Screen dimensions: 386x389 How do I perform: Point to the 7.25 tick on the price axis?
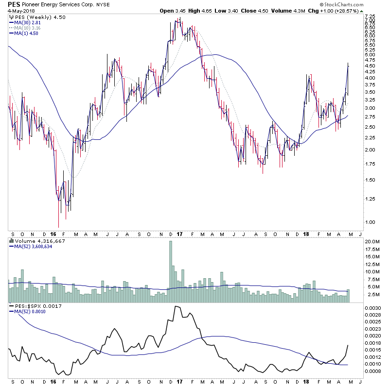pos(370,17)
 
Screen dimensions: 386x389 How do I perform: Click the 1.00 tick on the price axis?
pos(370,222)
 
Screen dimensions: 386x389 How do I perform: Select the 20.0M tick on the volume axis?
pos(372,241)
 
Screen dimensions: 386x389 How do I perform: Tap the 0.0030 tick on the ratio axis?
pos(372,308)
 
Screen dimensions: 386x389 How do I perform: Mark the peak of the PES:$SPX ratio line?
pos(176,306)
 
